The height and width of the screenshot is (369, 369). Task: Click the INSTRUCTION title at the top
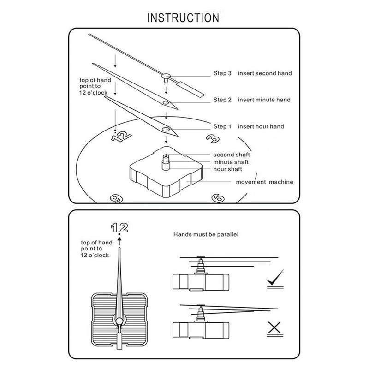pyautogui.click(x=183, y=18)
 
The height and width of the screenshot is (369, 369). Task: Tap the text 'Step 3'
pyautogui.click(x=222, y=73)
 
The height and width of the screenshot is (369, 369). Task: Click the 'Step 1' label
pyautogui.click(x=222, y=126)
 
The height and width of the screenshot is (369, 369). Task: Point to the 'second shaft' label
pyautogui.click(x=231, y=155)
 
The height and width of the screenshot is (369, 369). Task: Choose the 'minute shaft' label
pyautogui.click(x=231, y=162)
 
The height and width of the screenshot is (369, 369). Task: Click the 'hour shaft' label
pyautogui.click(x=227, y=169)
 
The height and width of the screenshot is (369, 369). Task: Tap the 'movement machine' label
pyautogui.click(x=264, y=182)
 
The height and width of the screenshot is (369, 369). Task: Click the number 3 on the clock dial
pyautogui.click(x=213, y=138)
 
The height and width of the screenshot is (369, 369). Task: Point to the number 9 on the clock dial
pyautogui.click(x=115, y=198)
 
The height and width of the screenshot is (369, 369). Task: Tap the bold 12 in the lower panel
pyautogui.click(x=119, y=226)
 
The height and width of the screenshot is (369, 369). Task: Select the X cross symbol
pyautogui.click(x=275, y=328)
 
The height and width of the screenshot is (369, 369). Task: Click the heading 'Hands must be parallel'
pyautogui.click(x=206, y=235)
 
